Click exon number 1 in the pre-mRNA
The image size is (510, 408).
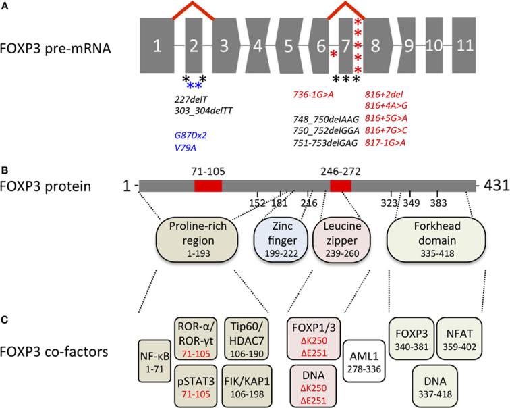157,47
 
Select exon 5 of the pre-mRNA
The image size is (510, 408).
288,47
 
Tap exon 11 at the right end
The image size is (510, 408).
462,47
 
